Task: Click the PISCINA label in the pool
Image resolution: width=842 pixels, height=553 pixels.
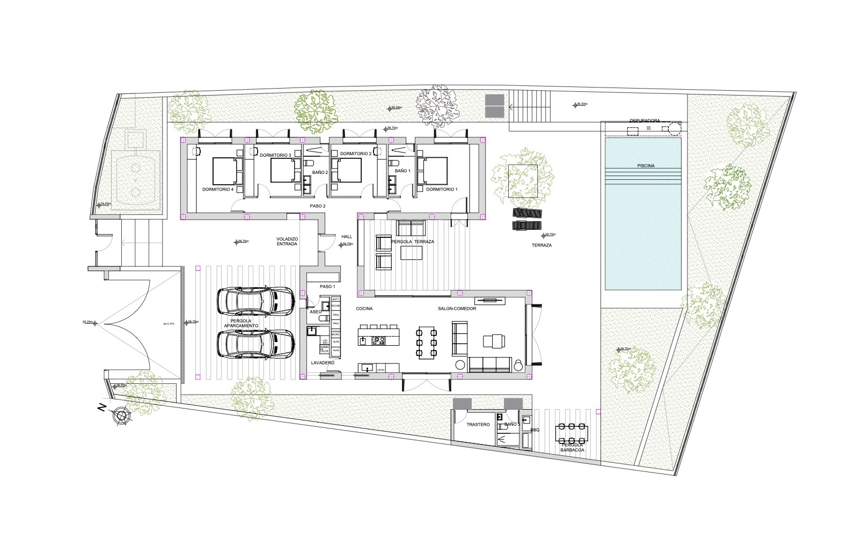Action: coord(643,166)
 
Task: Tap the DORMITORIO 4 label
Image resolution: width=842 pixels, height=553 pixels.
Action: coord(217,190)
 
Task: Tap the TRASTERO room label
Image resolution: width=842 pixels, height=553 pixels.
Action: coord(478,424)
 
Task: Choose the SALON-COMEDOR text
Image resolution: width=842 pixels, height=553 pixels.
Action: coord(457,309)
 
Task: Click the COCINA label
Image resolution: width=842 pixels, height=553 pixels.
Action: coord(364,309)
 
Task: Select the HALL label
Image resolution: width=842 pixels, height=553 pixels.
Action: coord(346,236)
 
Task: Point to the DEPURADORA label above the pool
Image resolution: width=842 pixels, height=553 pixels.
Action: coord(644,121)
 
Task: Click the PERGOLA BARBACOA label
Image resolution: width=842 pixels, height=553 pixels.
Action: coord(573,447)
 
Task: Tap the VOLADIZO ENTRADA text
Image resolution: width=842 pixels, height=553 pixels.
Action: coord(287,241)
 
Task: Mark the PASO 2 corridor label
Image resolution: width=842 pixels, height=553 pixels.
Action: coord(318,206)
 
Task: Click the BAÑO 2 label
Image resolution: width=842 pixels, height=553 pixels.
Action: coord(320,172)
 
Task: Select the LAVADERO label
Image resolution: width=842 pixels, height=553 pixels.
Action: coord(323,363)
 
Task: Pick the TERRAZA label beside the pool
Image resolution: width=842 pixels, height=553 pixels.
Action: coord(541,245)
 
